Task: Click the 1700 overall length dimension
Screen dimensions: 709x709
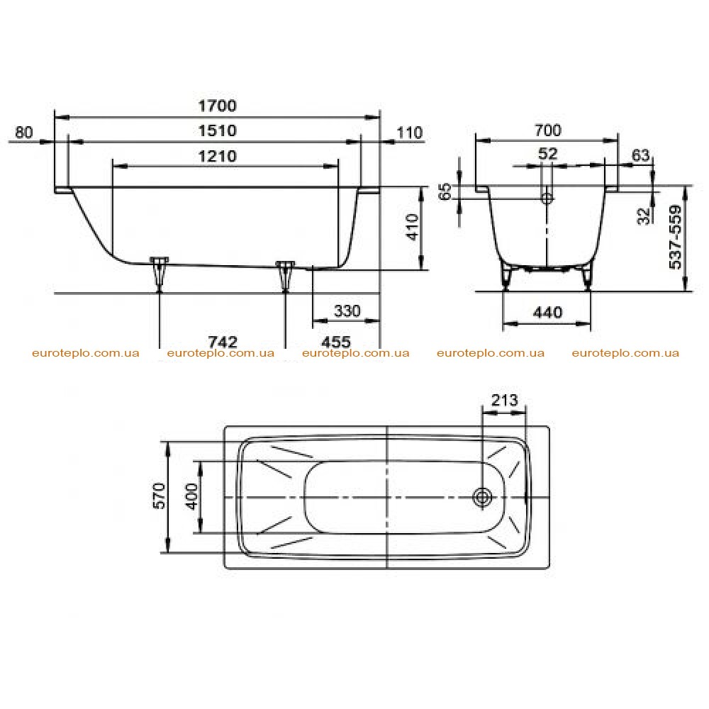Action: [x=218, y=106]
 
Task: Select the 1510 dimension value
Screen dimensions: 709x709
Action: [x=218, y=130]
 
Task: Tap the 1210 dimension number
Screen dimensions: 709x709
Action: [x=218, y=157]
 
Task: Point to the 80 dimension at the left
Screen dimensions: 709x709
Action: [x=24, y=132]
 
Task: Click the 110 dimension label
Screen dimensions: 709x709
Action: [x=410, y=133]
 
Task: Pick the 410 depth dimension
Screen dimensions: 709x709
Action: [x=413, y=228]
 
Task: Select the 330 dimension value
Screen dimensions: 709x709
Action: [x=347, y=311]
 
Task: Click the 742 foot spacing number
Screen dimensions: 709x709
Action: [x=223, y=342]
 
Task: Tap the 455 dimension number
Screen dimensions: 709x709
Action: [x=336, y=342]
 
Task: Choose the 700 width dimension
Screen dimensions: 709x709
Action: [x=548, y=130]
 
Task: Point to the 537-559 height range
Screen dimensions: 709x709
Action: [x=675, y=237]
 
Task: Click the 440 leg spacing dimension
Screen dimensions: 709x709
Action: [x=547, y=313]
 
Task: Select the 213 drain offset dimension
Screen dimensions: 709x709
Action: [x=505, y=400]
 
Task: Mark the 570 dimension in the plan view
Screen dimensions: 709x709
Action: [x=160, y=496]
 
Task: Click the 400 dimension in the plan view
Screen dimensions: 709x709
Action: [x=191, y=496]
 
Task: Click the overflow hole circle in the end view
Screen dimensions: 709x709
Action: [x=547, y=198]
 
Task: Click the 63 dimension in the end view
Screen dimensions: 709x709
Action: [x=641, y=155]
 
